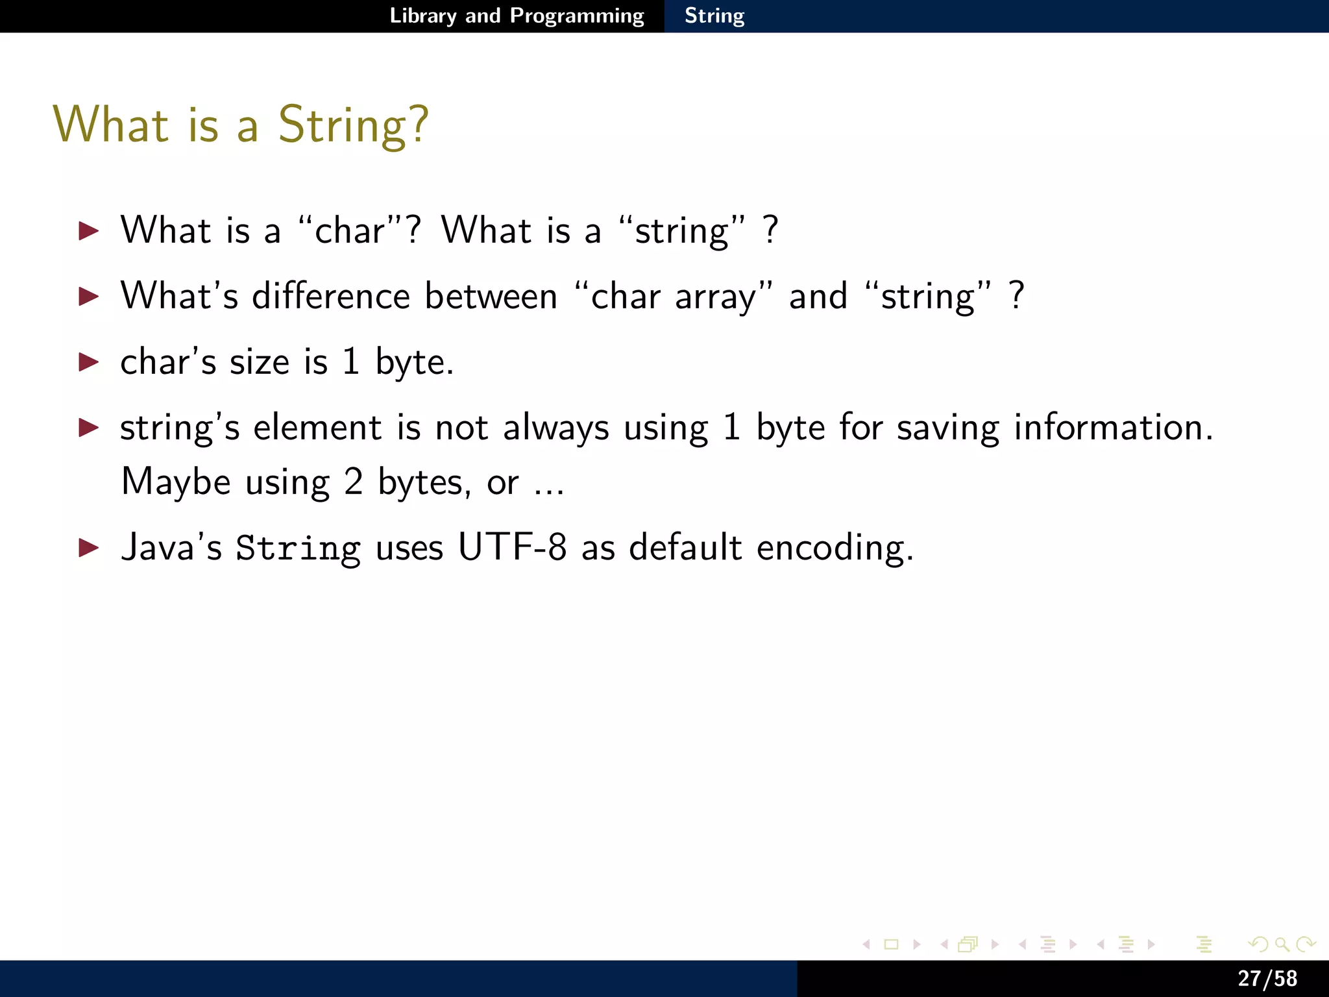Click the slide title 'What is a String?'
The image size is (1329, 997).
tap(240, 125)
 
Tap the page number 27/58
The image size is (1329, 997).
tap(1267, 978)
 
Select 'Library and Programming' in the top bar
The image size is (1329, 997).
tap(517, 16)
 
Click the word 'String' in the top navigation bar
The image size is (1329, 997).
tap(714, 16)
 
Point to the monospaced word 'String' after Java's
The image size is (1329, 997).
tap(298, 548)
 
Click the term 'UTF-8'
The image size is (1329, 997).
tap(512, 547)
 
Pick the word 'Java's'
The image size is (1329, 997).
tap(171, 547)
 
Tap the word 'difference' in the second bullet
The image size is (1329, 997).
tap(330, 297)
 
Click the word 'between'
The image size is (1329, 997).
tap(491, 297)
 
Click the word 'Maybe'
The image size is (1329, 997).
tap(176, 482)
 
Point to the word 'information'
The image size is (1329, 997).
tap(1112, 428)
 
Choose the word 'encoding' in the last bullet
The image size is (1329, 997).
tap(834, 548)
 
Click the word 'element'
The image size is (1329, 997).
tap(317, 428)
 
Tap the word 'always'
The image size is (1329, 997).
tap(556, 428)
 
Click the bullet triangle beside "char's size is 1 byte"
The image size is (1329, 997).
tap(88, 362)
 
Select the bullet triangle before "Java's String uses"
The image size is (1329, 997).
tap(88, 548)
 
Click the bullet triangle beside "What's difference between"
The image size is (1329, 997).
tap(88, 297)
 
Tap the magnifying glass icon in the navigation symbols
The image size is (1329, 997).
tap(1281, 944)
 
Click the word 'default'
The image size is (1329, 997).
tap(685, 547)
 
